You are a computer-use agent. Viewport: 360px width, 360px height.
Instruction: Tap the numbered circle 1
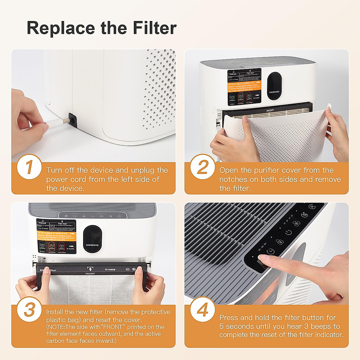click(x=29, y=167)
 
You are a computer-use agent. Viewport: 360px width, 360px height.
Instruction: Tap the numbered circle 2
click(x=202, y=167)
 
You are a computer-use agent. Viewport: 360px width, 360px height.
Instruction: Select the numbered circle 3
click(x=29, y=309)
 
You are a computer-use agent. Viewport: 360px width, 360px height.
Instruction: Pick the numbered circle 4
click(x=202, y=309)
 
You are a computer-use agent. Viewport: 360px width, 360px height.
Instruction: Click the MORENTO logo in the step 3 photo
click(x=92, y=245)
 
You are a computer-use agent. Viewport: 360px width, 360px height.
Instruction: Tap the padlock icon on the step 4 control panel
click(x=280, y=242)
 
